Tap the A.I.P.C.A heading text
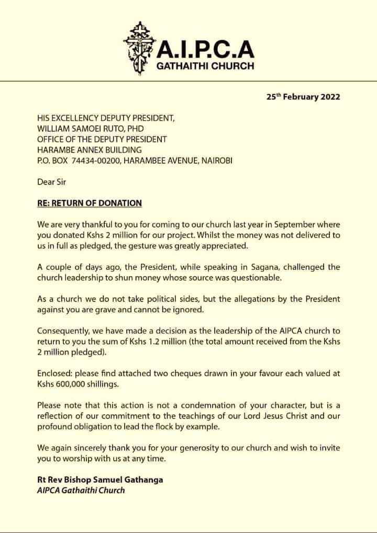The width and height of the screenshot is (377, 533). (206, 49)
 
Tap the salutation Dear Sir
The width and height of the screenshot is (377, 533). (52, 182)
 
